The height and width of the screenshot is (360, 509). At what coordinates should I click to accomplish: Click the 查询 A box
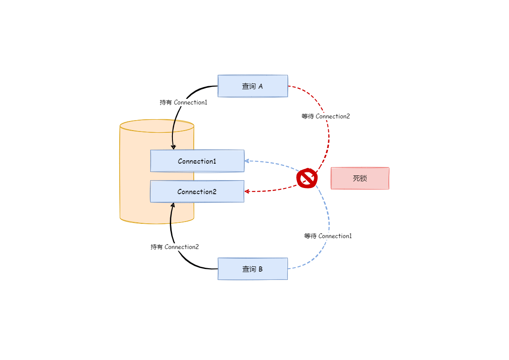253,86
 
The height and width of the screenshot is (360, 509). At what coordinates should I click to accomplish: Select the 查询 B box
253,269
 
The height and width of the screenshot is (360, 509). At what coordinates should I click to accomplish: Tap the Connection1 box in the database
197,161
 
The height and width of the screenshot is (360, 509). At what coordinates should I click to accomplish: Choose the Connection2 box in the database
197,192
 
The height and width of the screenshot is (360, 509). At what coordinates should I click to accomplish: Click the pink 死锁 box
360,178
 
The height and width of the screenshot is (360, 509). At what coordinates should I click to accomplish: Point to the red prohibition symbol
307,178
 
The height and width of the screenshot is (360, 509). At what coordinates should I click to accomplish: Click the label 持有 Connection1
183,102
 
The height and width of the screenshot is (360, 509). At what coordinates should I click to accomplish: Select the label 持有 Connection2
175,247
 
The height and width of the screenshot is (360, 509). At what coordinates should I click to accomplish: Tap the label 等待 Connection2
326,116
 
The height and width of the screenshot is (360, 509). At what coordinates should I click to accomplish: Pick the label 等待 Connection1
328,236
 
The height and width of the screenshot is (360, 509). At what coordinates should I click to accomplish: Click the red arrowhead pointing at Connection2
246,192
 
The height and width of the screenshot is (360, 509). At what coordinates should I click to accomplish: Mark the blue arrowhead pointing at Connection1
246,161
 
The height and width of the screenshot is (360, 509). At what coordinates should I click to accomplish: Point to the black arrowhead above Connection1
173,147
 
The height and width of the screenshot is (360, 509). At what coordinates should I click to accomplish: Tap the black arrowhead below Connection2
173,205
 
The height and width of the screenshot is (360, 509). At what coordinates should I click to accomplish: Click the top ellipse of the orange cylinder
157,126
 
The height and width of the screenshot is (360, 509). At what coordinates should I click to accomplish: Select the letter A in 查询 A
260,86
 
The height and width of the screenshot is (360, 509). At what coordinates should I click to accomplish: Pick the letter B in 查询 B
260,269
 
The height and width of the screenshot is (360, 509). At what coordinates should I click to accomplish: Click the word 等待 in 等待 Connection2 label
307,116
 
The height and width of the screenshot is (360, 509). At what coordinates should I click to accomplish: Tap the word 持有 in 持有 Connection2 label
156,247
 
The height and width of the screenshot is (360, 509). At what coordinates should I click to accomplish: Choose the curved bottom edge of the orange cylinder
157,223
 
